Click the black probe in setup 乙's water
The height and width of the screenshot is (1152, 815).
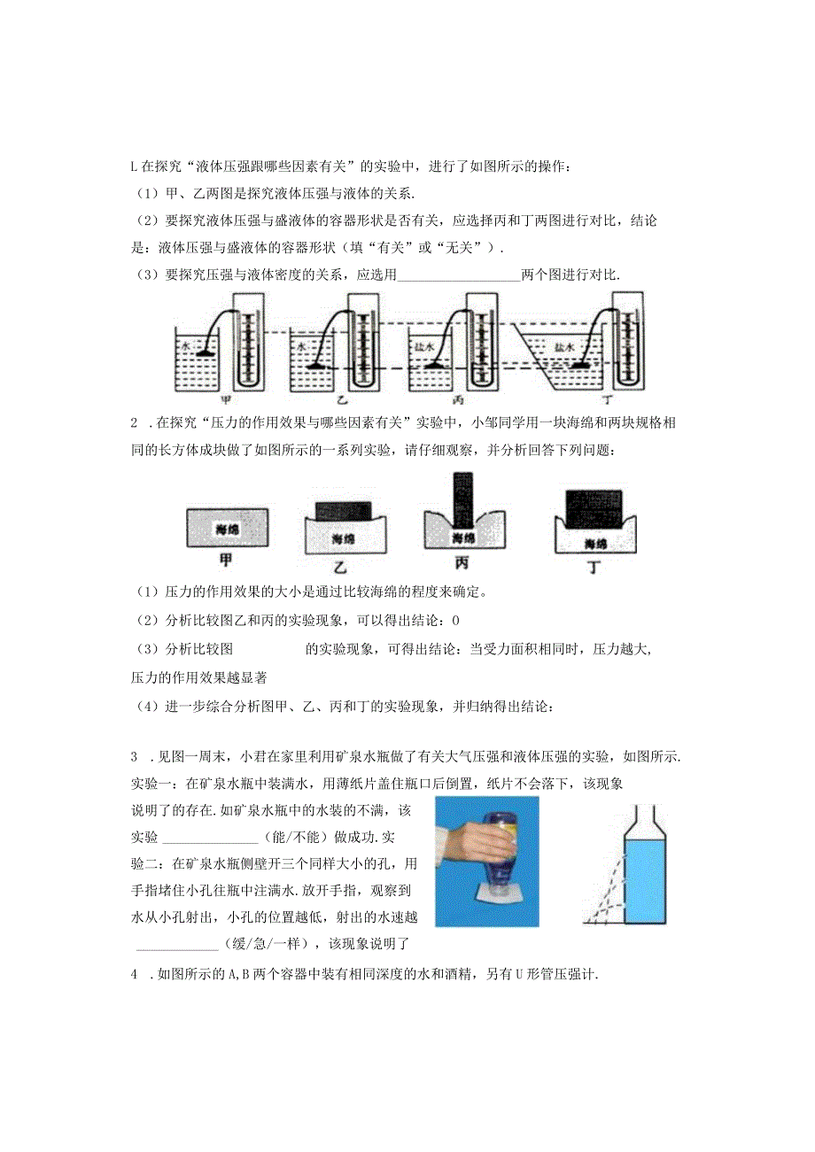316,364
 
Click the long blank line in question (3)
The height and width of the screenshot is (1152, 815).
460,275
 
